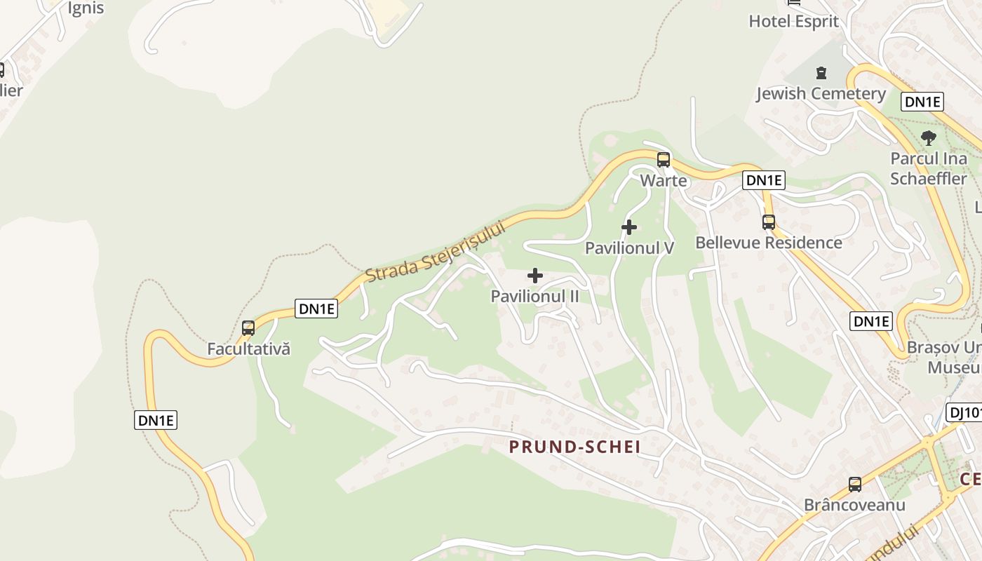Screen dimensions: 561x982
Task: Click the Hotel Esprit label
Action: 793,21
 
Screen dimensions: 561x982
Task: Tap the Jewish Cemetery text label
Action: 821,94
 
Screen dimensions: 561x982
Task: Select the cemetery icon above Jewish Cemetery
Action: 821,72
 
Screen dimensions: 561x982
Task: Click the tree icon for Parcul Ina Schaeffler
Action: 929,137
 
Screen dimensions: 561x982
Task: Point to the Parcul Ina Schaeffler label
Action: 929,168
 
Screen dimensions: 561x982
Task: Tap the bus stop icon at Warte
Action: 664,159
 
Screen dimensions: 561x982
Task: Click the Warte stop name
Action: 664,181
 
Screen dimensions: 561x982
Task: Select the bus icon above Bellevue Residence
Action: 769,222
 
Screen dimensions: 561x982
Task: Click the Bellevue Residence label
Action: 769,243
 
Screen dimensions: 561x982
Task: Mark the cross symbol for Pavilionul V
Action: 629,227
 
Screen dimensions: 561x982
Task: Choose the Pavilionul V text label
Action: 629,248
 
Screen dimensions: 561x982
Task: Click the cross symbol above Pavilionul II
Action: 535,276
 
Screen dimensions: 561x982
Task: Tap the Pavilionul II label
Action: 535,297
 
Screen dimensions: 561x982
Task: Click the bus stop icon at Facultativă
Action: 248,327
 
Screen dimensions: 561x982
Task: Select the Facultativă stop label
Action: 248,349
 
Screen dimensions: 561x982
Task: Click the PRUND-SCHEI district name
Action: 574,447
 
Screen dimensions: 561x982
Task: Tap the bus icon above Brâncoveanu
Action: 854,484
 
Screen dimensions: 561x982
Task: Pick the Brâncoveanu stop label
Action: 854,505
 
